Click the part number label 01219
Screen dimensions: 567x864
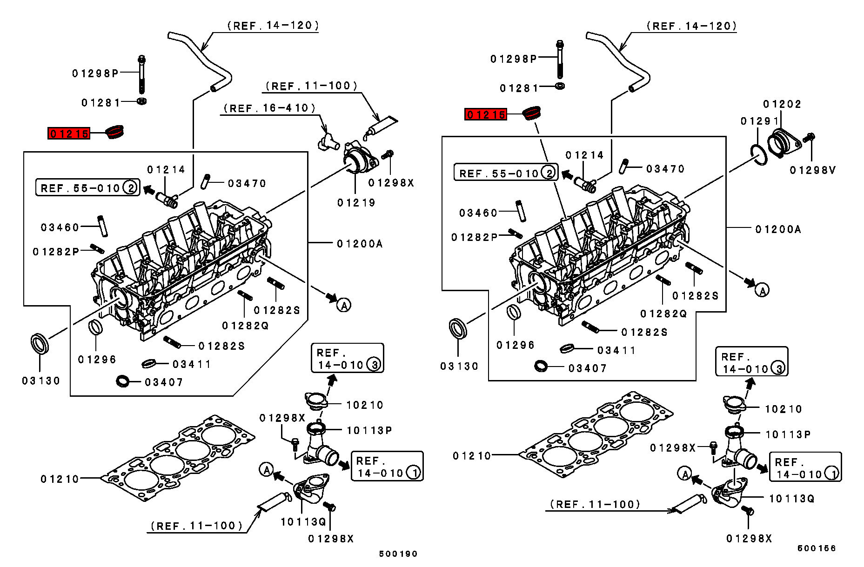click(356, 203)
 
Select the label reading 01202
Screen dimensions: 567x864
click(782, 104)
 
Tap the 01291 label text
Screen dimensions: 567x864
click(759, 121)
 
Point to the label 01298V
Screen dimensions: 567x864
click(813, 171)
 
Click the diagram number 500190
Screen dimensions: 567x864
click(398, 554)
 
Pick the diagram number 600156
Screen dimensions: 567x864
click(817, 548)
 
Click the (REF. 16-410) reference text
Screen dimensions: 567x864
click(269, 108)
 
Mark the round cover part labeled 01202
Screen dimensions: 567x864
click(781, 142)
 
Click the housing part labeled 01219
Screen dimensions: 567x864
click(359, 159)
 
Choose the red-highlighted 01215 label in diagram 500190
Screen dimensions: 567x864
click(69, 134)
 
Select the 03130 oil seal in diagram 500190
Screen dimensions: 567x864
click(40, 344)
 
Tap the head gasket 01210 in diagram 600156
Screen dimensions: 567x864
click(596, 437)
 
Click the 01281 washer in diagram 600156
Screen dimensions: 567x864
click(560, 86)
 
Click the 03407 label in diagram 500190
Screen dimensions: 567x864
click(164, 382)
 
